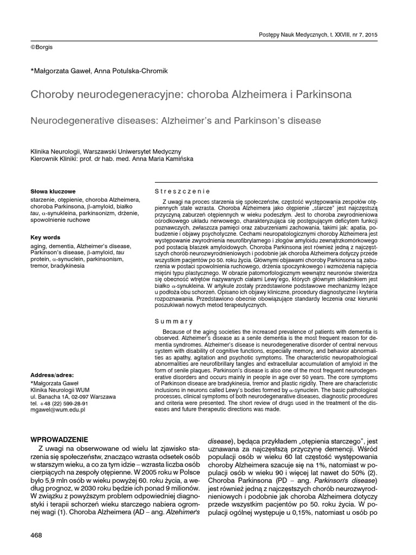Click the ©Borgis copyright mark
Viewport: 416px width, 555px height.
click(x=42, y=48)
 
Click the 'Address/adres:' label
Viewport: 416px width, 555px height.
click(x=53, y=375)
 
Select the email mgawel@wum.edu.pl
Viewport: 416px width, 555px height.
click(x=58, y=410)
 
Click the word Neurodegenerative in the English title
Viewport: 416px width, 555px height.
click(x=77, y=120)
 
